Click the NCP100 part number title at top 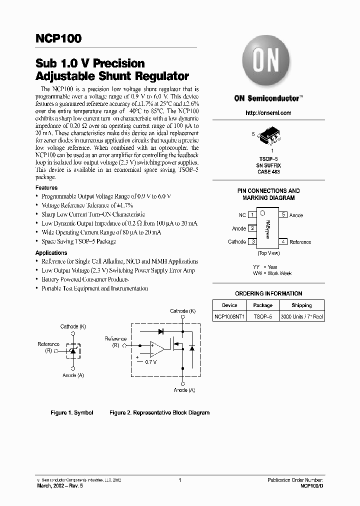click(x=58, y=39)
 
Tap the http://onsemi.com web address click(x=268, y=113)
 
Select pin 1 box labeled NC click(x=253, y=215)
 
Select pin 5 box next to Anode click(x=282, y=215)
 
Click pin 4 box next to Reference click(x=282, y=242)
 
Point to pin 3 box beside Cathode click(x=253, y=242)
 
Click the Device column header click(x=229, y=305)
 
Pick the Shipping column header click(x=301, y=305)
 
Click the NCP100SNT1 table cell click(x=229, y=316)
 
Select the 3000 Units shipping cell click(x=301, y=316)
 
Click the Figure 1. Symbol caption click(x=72, y=413)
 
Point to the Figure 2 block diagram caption click(x=159, y=413)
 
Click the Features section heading click(x=46, y=187)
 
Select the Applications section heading click(x=51, y=253)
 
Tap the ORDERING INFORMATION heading click(x=268, y=293)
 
